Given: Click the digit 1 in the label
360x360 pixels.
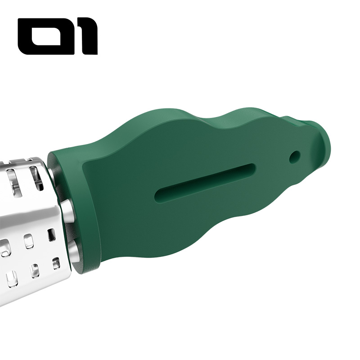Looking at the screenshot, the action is (87, 36).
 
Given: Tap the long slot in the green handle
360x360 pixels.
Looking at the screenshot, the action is (205, 183).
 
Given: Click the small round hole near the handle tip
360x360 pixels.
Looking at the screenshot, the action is (295, 157).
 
